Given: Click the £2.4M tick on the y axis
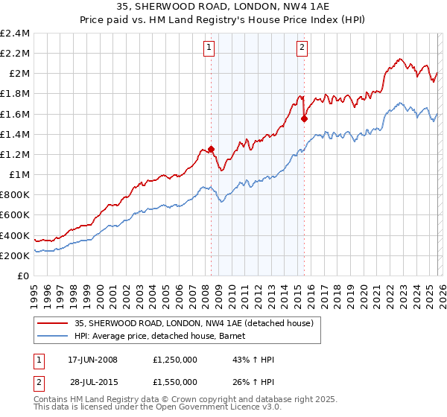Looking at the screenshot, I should pos(15,34).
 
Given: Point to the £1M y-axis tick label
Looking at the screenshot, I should pos(19,175).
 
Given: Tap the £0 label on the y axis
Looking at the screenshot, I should pos(24,276).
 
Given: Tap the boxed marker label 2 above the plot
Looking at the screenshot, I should pos(302,48).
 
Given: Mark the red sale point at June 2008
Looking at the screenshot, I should pos(212,149).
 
